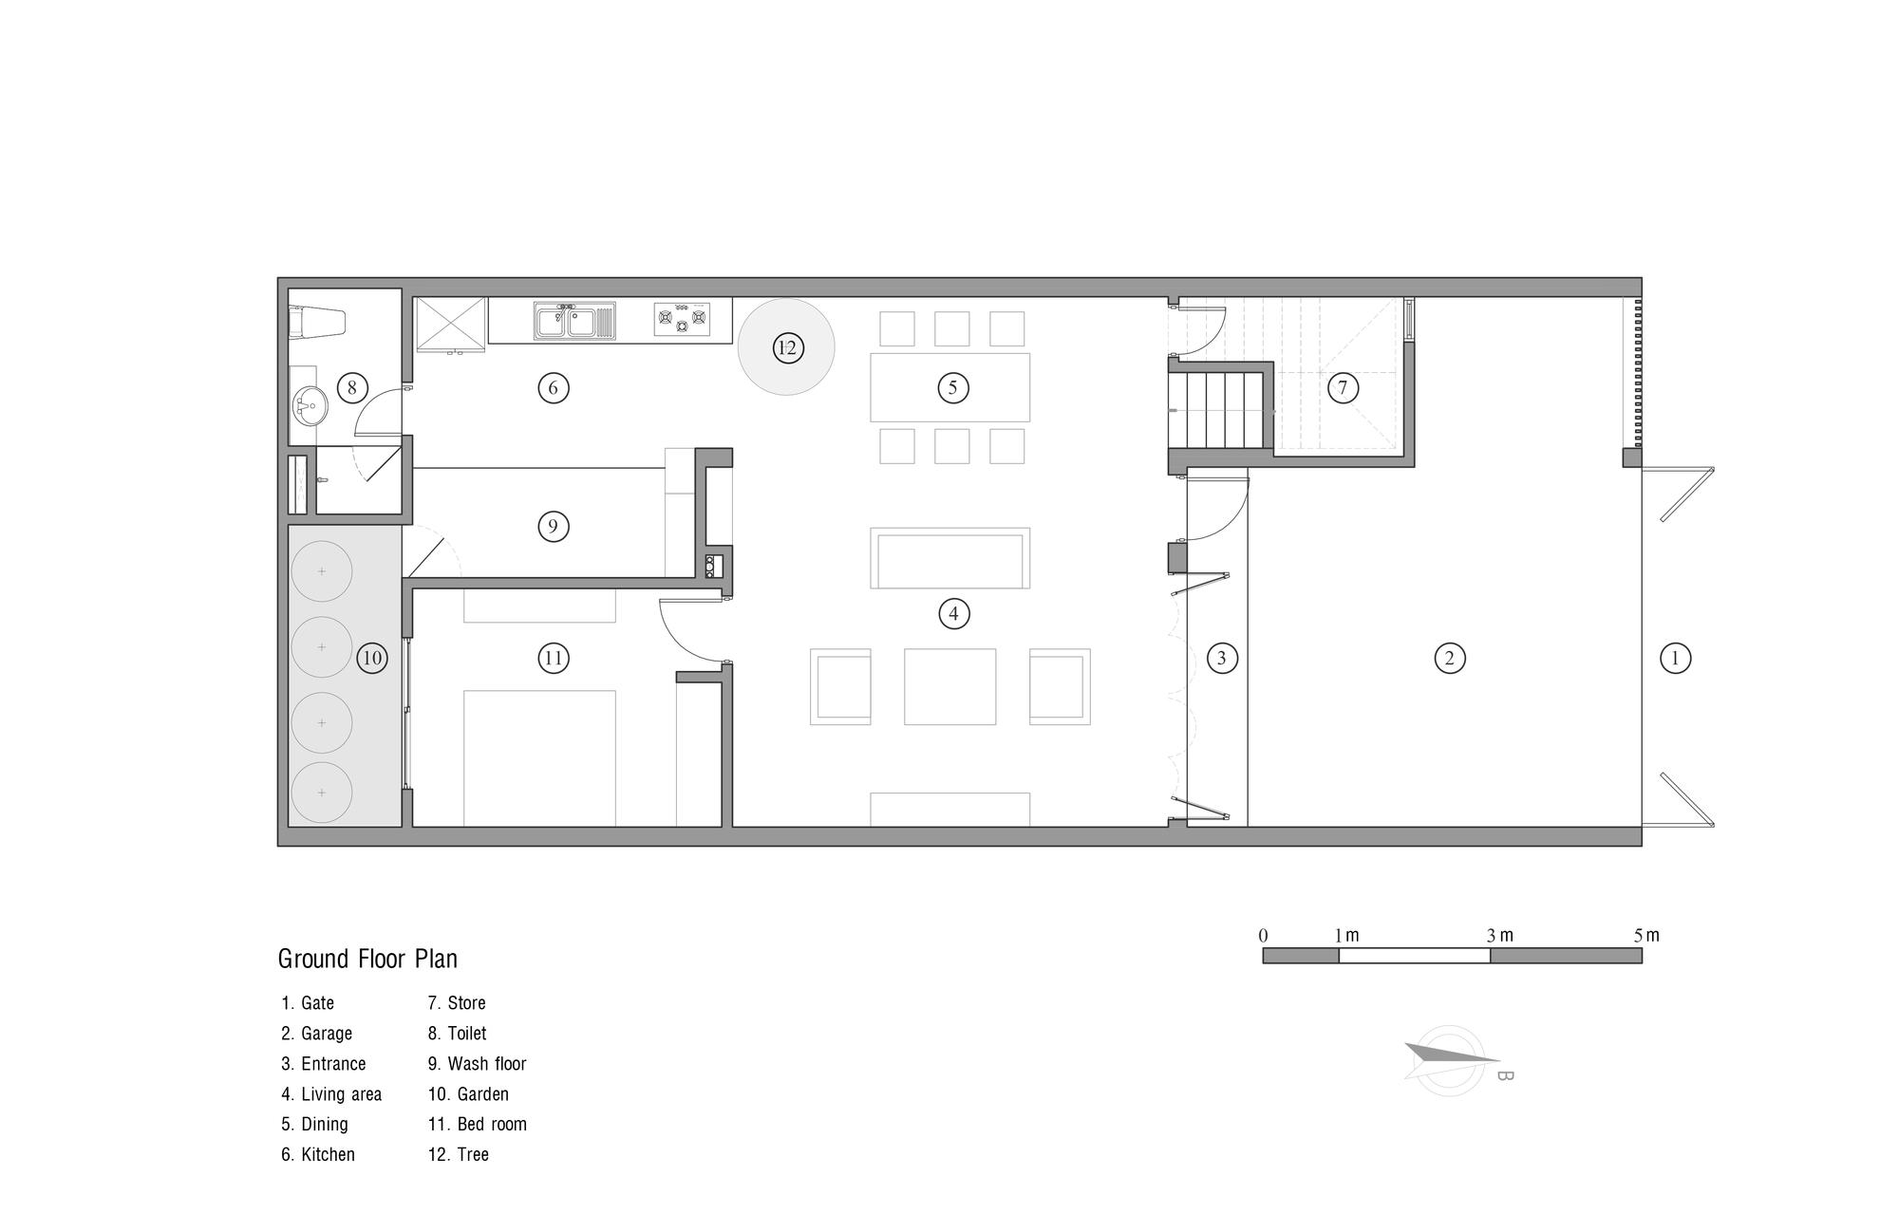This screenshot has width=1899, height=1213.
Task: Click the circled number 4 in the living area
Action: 953,614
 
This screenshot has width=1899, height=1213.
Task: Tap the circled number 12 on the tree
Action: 787,347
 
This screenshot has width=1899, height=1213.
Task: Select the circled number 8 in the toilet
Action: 352,387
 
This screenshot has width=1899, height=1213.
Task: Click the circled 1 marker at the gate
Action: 1675,658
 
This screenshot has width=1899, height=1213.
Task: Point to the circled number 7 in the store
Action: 1343,387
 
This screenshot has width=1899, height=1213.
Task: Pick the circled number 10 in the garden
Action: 372,658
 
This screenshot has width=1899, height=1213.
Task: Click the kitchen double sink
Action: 574,320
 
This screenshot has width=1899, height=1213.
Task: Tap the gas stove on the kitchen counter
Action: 682,319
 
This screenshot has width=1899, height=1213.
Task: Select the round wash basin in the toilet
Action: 309,405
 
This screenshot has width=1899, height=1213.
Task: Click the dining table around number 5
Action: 950,387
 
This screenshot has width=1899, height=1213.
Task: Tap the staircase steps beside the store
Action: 1220,410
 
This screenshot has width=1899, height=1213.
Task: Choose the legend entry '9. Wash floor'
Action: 477,1064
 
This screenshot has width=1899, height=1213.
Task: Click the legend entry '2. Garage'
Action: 316,1034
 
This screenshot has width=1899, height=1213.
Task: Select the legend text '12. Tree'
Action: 459,1155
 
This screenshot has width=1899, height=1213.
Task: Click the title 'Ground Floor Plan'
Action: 367,959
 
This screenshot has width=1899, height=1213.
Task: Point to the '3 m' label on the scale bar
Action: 1499,936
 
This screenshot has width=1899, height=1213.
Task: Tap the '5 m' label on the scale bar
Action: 1646,936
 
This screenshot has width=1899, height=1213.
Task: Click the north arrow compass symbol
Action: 1450,1059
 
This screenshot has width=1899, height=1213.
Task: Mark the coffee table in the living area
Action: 950,686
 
